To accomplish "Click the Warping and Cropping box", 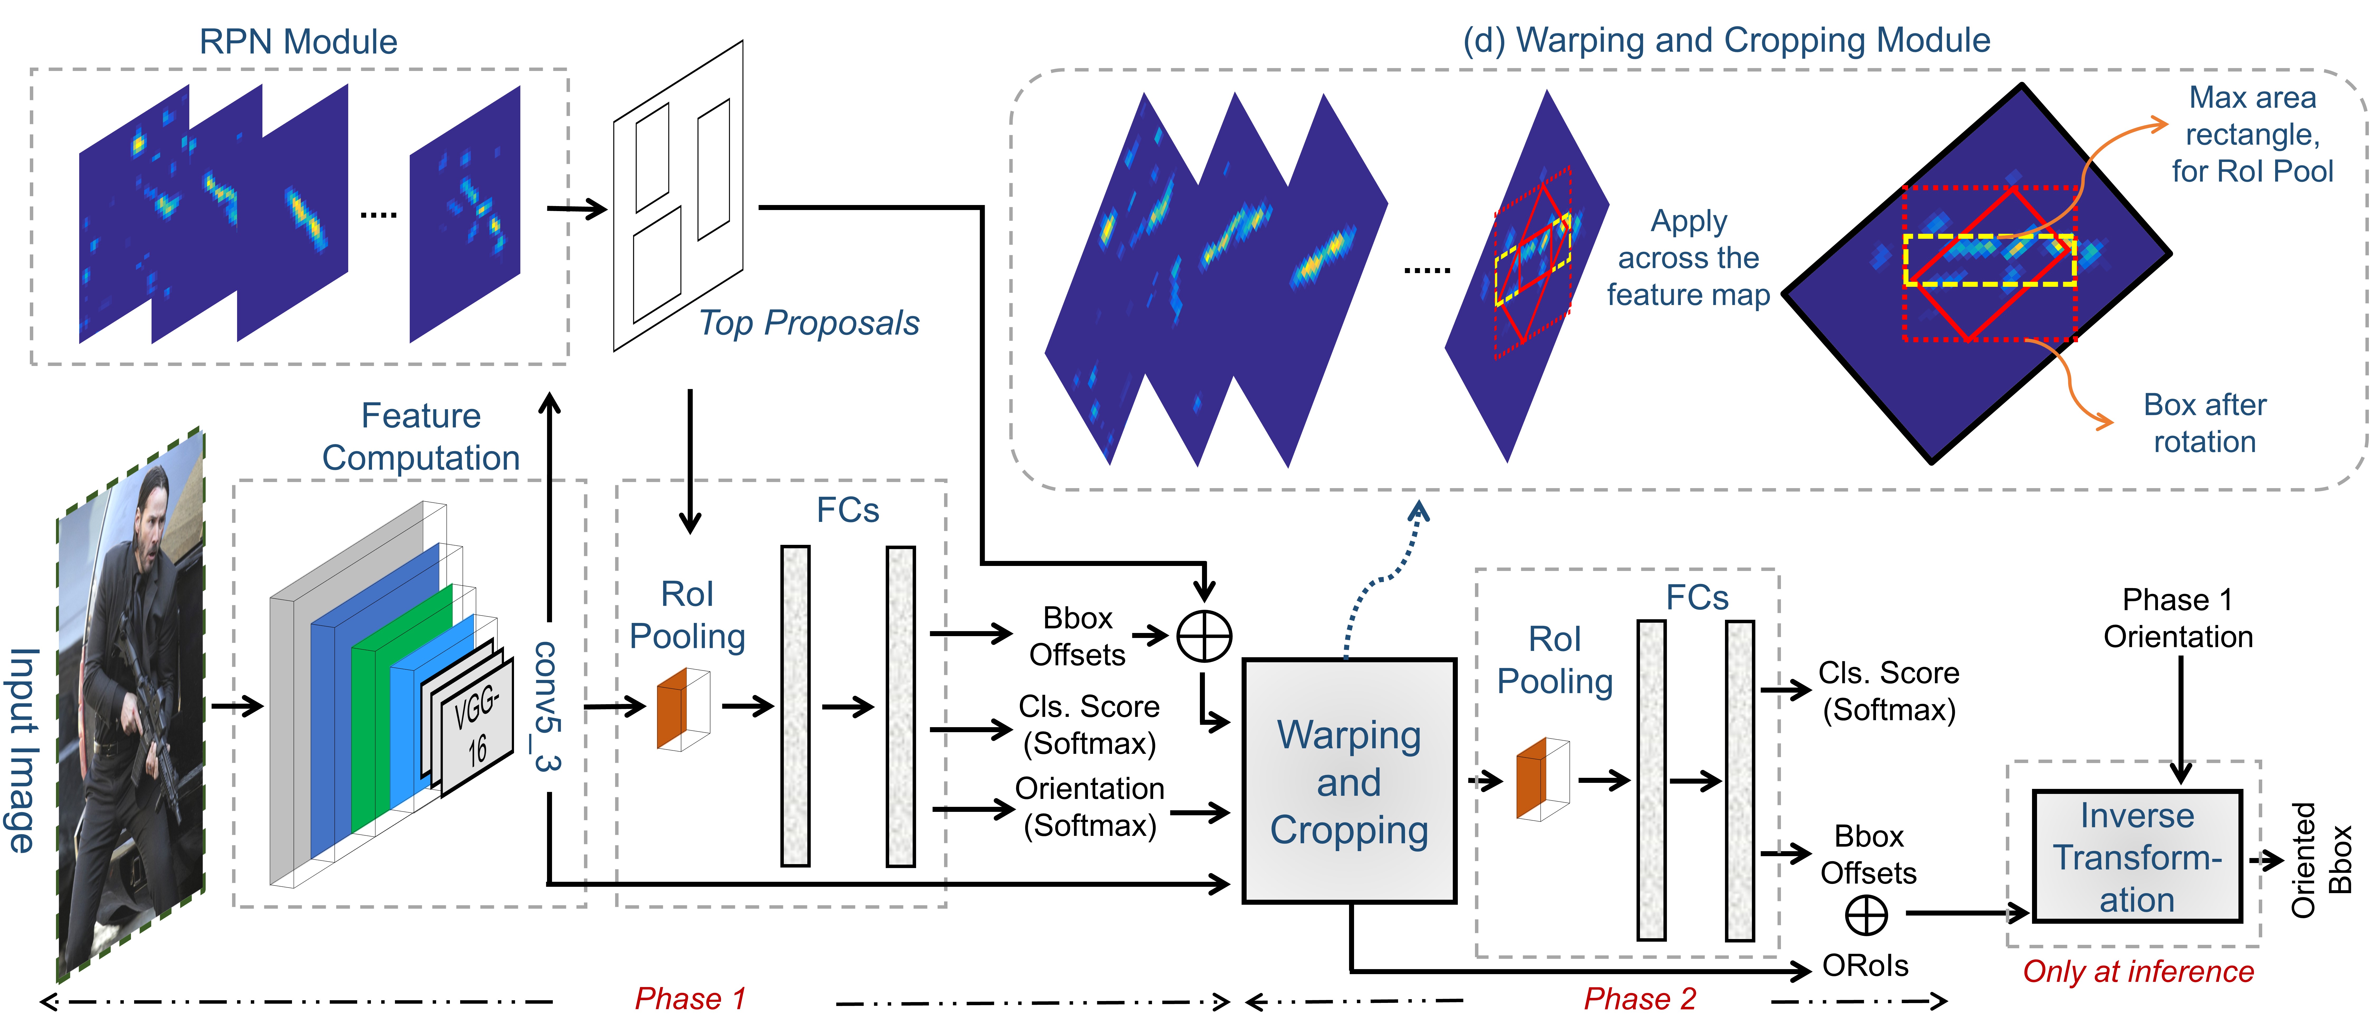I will [1349, 782].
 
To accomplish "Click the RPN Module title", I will [298, 41].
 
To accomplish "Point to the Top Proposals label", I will [808, 323].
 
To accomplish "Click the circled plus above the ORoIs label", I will [1866, 916].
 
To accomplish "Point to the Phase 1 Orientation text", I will [2178, 618].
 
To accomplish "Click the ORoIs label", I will [1865, 965].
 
